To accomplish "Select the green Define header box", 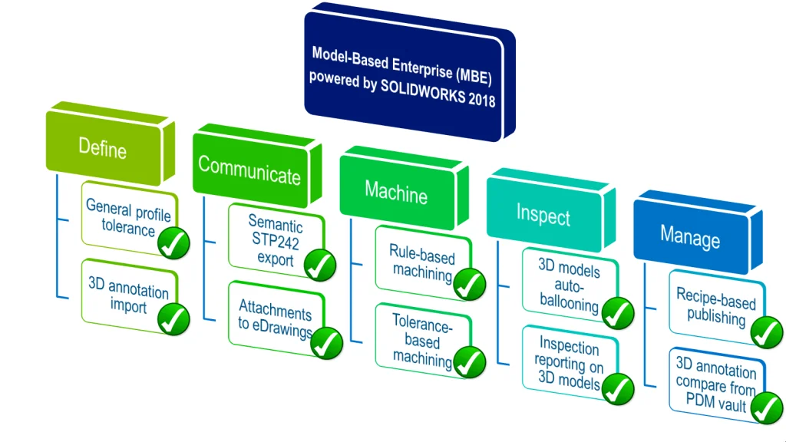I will [103, 148].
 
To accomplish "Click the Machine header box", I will [395, 192].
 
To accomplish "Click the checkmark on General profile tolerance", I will [173, 243].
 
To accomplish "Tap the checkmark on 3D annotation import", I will [173, 318].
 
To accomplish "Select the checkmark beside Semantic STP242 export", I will [320, 266].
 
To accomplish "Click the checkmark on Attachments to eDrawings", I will [325, 341].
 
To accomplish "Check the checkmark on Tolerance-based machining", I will [469, 361].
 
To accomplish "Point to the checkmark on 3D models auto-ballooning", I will [617, 313].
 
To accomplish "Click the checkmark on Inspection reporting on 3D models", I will [617, 389].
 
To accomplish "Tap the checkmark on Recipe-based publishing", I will [765, 333].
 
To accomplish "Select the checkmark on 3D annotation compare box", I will [765, 407].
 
